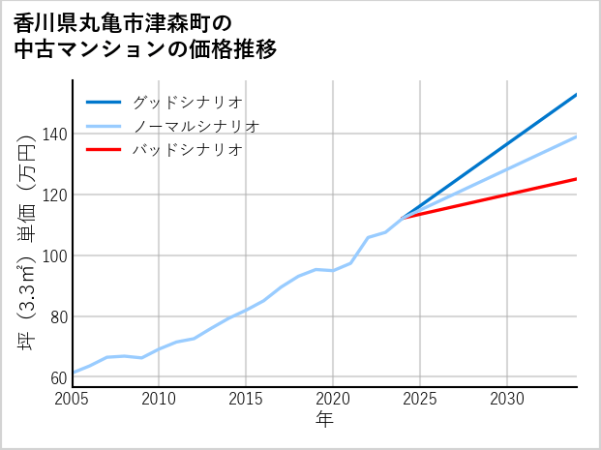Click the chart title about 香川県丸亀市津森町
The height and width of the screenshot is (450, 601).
145,36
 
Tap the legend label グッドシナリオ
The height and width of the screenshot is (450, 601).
187,102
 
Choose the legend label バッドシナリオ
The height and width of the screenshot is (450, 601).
187,150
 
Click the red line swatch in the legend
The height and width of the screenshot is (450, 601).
104,150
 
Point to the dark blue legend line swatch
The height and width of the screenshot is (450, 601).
104,102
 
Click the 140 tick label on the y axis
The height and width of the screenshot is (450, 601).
54,135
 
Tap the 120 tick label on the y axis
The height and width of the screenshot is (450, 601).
54,195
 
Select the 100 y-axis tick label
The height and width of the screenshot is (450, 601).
54,256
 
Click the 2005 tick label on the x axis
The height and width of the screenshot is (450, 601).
73,399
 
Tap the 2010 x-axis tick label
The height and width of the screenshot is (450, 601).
160,399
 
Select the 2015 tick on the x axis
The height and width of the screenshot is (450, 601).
246,399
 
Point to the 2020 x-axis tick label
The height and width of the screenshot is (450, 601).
333,399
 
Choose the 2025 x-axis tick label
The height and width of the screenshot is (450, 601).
420,399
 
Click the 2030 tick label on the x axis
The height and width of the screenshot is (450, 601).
507,399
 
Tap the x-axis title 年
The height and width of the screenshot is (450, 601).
324,420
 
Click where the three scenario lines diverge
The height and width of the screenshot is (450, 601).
403,218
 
